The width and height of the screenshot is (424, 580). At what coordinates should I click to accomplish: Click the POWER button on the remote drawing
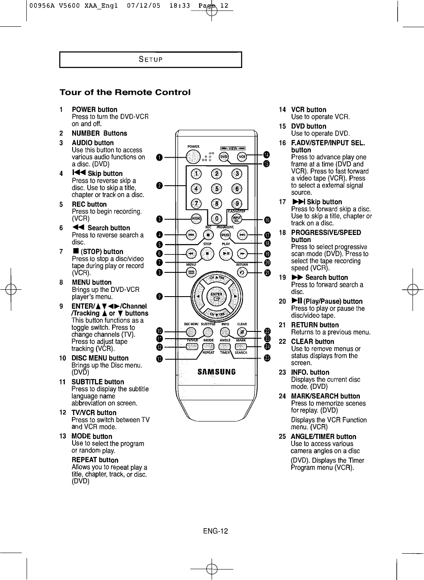point(193,156)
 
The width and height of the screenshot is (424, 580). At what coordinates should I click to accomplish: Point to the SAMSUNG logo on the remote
point(217,372)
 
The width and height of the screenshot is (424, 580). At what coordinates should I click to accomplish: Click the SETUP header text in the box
point(150,59)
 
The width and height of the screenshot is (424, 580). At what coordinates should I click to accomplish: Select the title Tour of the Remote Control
point(125,92)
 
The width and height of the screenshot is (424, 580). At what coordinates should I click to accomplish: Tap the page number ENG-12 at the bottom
point(215,531)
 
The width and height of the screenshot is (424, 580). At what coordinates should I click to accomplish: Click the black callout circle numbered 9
point(159,296)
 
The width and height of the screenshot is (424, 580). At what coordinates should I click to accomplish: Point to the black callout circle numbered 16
point(267,220)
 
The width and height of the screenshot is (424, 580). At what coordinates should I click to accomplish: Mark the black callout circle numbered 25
point(267,358)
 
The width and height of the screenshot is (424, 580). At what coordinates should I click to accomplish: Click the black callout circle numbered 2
point(159,185)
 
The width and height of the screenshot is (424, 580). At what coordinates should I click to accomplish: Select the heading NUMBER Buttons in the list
point(99,133)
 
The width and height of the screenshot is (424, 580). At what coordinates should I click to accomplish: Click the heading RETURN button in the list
point(315,325)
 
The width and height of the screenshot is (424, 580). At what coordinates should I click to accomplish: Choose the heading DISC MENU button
point(100,358)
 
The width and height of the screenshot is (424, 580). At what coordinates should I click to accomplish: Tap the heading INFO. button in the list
point(310,372)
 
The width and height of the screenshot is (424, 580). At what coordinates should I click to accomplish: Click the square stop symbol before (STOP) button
point(75,252)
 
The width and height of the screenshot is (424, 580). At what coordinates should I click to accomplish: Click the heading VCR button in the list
point(308,110)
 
